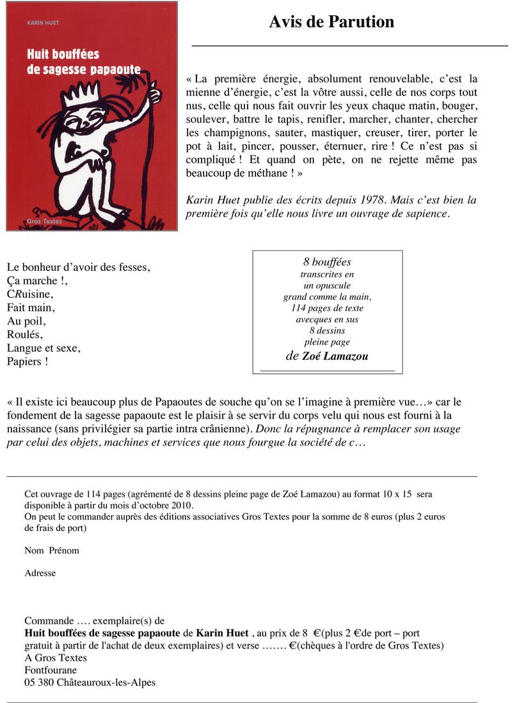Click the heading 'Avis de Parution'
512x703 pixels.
click(x=331, y=22)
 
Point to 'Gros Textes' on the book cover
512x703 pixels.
click(x=42, y=222)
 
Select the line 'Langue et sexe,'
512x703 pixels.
click(x=44, y=348)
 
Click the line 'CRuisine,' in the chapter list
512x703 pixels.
click(x=30, y=295)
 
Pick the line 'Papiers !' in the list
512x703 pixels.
click(x=28, y=362)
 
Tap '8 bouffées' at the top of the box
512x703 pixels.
click(x=327, y=262)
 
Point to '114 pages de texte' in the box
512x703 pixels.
click(x=327, y=308)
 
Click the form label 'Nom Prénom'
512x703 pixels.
click(x=52, y=550)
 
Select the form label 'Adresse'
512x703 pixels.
click(x=40, y=573)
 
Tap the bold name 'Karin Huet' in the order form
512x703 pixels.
click(x=222, y=633)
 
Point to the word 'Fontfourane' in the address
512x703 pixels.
click(x=51, y=670)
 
